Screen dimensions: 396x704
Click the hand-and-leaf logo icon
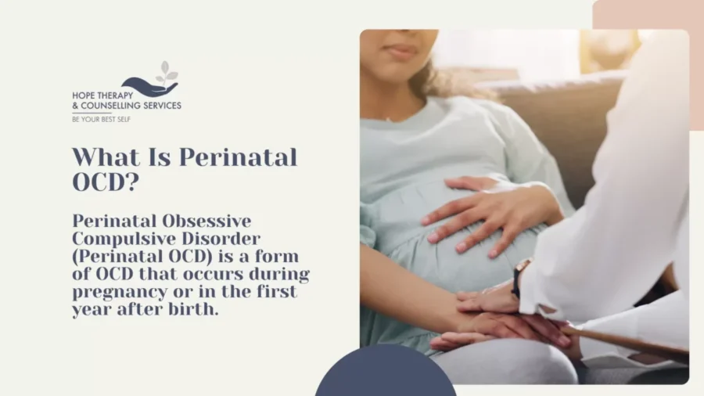pos(153,81)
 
